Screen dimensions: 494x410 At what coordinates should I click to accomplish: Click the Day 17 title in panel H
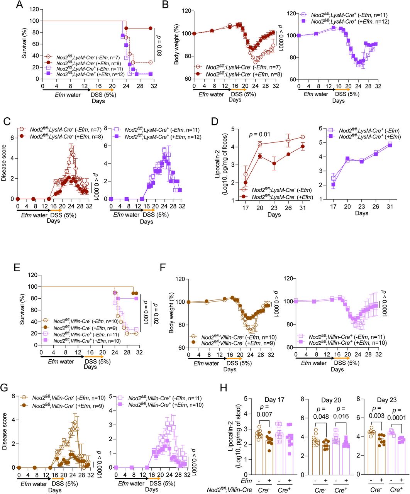click(x=275, y=400)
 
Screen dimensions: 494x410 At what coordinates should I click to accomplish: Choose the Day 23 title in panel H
click(x=387, y=400)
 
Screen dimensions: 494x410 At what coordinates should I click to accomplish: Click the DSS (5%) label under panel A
click(x=103, y=95)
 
